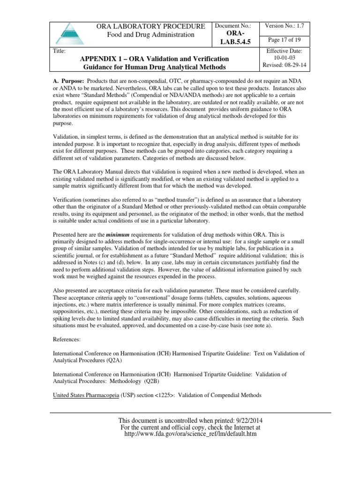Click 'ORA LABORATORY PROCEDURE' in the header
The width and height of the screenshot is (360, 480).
click(x=150, y=26)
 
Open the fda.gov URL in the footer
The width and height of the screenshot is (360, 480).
click(x=190, y=434)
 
